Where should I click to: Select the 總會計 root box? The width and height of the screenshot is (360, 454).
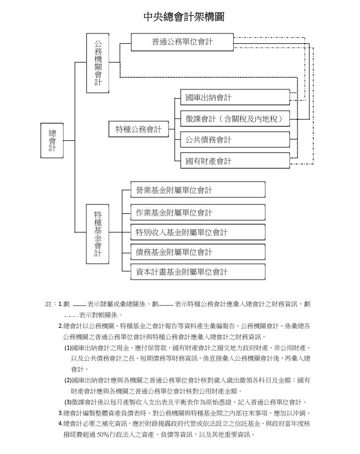(52, 140)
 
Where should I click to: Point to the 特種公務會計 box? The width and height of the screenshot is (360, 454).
(138, 129)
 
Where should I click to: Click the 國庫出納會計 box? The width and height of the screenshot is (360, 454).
(234, 98)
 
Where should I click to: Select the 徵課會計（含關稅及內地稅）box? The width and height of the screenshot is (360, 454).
(234, 118)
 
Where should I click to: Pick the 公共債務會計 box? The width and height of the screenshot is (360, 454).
(234, 139)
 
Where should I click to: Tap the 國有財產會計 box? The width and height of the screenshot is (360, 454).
(234, 161)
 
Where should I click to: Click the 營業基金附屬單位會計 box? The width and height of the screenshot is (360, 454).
(198, 190)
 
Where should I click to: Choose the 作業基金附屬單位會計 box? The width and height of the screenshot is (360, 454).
(198, 212)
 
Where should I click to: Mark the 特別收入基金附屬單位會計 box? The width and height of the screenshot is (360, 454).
(198, 232)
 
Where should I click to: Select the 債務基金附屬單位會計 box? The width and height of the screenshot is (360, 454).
(198, 252)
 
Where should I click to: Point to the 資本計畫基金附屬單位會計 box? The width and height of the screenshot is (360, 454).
(198, 271)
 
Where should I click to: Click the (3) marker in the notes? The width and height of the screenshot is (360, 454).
(68, 402)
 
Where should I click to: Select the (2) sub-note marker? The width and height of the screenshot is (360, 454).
(68, 380)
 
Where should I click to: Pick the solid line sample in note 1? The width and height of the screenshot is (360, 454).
(80, 304)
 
